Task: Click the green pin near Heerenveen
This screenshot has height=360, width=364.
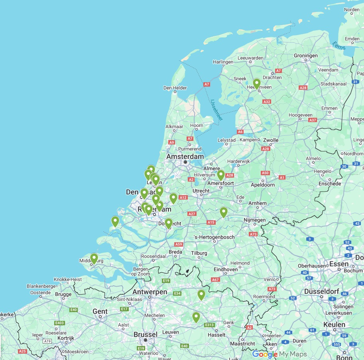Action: (x=257, y=83)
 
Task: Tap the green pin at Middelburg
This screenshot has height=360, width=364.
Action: (x=94, y=259)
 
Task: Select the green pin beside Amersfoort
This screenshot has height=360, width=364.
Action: (x=221, y=175)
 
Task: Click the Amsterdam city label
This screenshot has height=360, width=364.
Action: (x=185, y=157)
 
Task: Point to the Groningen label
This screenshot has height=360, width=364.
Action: (x=306, y=55)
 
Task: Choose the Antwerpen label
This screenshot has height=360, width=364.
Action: (x=150, y=292)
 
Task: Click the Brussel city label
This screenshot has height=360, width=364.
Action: (x=146, y=334)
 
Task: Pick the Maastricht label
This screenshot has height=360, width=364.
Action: (x=243, y=344)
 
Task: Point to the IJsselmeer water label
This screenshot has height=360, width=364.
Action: (x=217, y=110)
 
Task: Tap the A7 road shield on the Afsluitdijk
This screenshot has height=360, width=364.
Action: (x=207, y=85)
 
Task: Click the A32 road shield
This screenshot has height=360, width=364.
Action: (x=267, y=102)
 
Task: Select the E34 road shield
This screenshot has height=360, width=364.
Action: (x=177, y=294)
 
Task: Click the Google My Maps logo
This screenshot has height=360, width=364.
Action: (x=279, y=354)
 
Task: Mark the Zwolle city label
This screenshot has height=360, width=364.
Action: (x=271, y=140)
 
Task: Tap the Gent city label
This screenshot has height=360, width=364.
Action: (x=100, y=311)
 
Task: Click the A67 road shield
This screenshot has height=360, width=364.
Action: (x=216, y=280)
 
